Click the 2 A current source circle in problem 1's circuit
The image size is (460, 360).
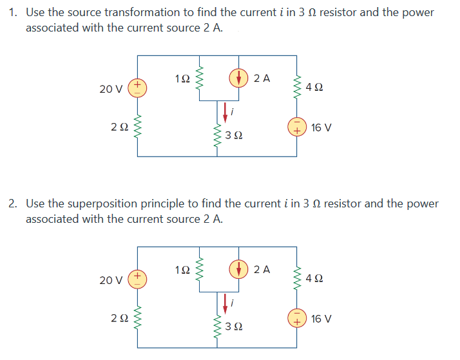(x=240, y=79)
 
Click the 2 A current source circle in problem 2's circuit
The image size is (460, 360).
(x=240, y=270)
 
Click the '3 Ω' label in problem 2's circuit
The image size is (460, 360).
(x=235, y=328)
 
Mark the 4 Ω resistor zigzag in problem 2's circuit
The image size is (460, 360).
(x=297, y=278)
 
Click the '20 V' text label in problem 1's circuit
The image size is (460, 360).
(x=111, y=89)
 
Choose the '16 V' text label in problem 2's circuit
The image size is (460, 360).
(x=321, y=318)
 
